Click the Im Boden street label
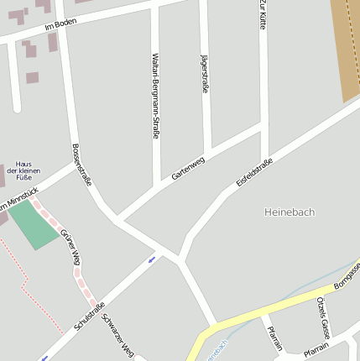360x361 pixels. [x=60, y=27]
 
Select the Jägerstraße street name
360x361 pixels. [x=205, y=73]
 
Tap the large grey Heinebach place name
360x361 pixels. [x=289, y=212]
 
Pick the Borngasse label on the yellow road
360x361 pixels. [x=347, y=275]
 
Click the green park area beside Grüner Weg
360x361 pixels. [x=34, y=223]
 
